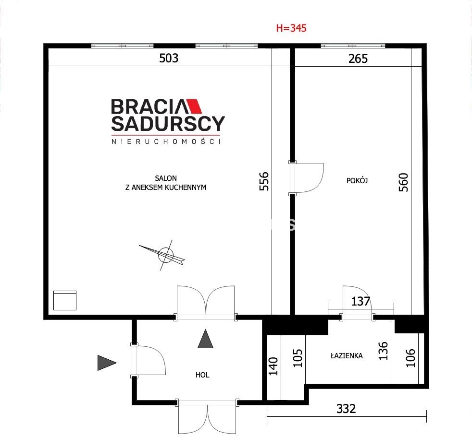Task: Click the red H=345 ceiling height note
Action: click(291, 28)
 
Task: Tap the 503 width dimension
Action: click(169, 58)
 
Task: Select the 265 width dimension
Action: click(358, 59)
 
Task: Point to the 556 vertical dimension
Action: click(264, 181)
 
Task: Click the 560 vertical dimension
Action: click(403, 182)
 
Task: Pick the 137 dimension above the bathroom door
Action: click(360, 301)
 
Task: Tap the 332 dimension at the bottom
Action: click(346, 409)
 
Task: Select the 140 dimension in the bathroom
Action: click(273, 366)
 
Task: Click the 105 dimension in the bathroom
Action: click(298, 358)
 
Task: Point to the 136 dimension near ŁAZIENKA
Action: click(383, 351)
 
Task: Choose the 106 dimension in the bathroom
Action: click(410, 358)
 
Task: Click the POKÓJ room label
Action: click(357, 180)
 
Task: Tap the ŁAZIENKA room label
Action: click(347, 356)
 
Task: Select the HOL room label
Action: click(202, 375)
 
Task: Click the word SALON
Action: click(166, 178)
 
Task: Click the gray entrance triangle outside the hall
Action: click(105, 363)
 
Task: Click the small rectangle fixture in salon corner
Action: click(65, 300)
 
